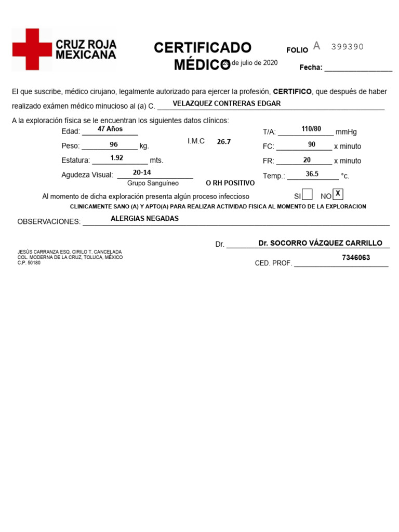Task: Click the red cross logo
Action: click(x=32, y=50)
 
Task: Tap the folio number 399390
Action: click(x=348, y=47)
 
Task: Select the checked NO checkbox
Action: click(x=338, y=194)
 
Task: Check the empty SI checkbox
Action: click(x=307, y=195)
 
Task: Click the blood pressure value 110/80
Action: click(x=311, y=129)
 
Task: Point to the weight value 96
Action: click(x=114, y=145)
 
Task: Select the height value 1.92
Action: click(x=117, y=157)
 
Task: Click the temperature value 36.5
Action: click(x=312, y=174)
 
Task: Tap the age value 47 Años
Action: click(x=110, y=129)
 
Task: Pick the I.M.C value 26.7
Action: click(x=223, y=142)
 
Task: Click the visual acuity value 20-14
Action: click(x=142, y=172)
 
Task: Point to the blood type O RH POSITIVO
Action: click(x=230, y=183)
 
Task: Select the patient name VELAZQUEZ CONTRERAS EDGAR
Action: click(x=227, y=103)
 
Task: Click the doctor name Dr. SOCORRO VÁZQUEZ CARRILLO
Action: click(x=320, y=243)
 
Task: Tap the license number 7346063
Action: click(x=356, y=258)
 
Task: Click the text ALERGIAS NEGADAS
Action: click(x=144, y=219)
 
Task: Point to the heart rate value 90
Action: click(x=312, y=144)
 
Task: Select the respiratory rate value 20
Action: click(x=307, y=160)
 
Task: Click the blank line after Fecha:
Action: click(x=358, y=68)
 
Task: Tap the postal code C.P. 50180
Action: click(x=29, y=263)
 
